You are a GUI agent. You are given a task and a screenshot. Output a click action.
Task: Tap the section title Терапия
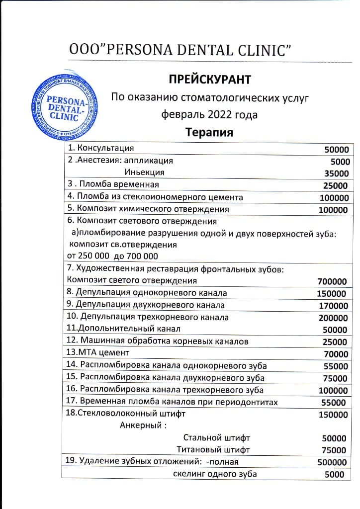[x=209, y=133]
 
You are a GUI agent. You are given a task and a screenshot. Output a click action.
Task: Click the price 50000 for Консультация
[x=337, y=149]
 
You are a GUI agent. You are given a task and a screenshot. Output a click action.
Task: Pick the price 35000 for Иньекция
[x=337, y=173]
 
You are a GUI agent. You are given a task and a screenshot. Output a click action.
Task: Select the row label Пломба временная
[x=116, y=185]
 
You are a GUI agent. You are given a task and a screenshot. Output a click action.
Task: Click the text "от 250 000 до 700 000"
[x=112, y=256]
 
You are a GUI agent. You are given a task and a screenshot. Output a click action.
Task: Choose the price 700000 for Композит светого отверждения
[x=332, y=281]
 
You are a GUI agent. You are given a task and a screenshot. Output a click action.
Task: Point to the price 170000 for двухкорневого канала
[x=333, y=306]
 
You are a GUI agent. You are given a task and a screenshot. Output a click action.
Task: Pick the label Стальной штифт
[x=217, y=438]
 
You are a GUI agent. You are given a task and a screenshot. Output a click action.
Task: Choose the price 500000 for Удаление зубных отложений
[x=332, y=462]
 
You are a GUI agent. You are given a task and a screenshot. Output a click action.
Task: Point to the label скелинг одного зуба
[x=215, y=474]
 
